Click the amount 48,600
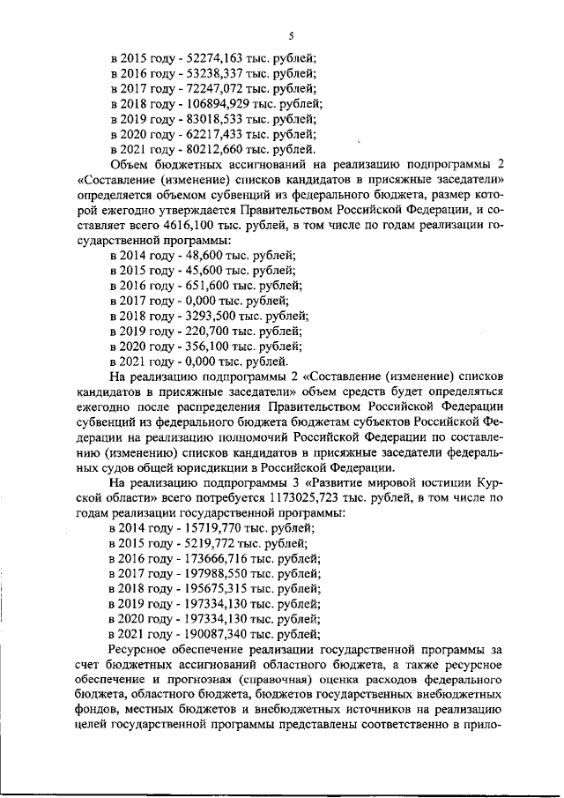(194, 255)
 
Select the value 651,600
(197, 286)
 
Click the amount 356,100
(197, 346)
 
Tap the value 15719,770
(206, 527)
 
